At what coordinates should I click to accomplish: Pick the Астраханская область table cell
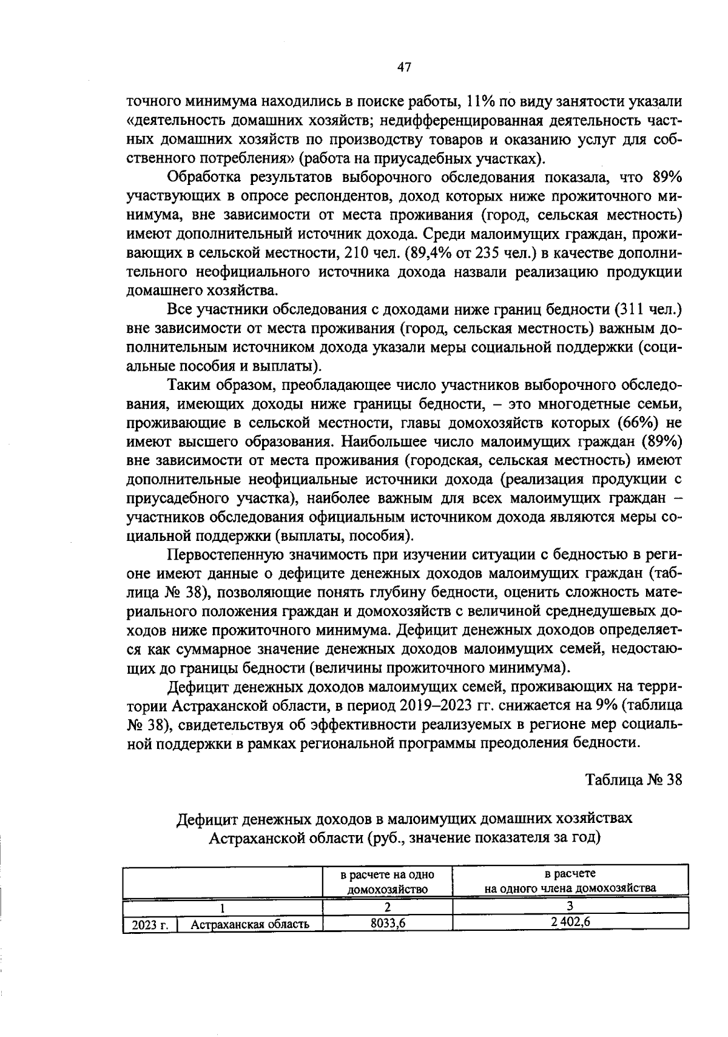tap(250, 924)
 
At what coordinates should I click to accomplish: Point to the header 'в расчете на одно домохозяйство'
tap(388, 881)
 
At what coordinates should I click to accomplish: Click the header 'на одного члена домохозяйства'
tap(570, 888)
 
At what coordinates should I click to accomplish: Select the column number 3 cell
tap(570, 907)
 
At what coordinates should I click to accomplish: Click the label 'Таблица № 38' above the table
tap(634, 779)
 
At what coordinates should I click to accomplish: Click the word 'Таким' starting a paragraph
tap(187, 385)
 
